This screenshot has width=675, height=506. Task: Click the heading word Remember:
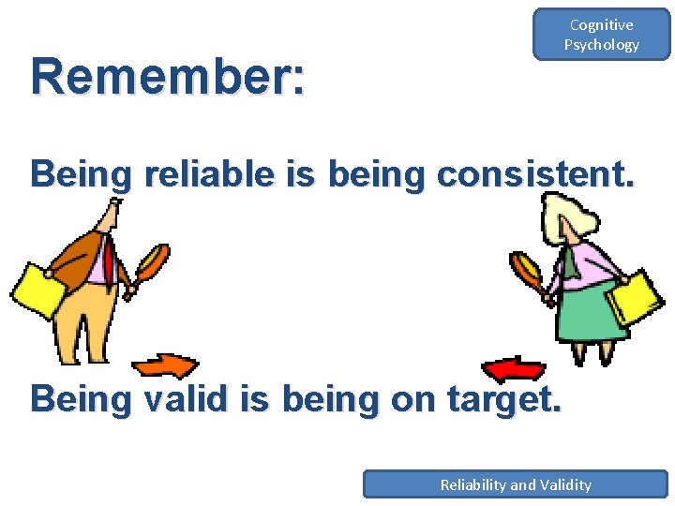point(168,78)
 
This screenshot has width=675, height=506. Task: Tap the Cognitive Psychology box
point(601,35)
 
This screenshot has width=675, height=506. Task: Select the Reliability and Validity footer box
point(515,484)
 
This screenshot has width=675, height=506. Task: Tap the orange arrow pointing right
point(165,365)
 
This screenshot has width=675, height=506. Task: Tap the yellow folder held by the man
point(37,290)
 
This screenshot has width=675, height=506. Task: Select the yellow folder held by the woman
point(636,297)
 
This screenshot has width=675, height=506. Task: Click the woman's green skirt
point(592,314)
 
